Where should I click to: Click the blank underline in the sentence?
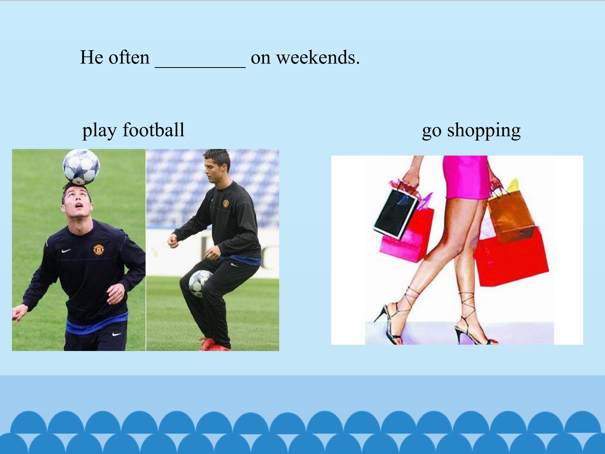coord(200,66)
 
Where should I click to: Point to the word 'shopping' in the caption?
coord(484,130)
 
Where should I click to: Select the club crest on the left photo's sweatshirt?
coord(98,249)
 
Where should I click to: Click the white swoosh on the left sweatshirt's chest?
coord(66,250)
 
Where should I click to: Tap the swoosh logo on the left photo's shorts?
coord(117,334)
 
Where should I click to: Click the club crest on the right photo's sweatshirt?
coord(226,203)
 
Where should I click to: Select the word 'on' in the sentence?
coord(260,58)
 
